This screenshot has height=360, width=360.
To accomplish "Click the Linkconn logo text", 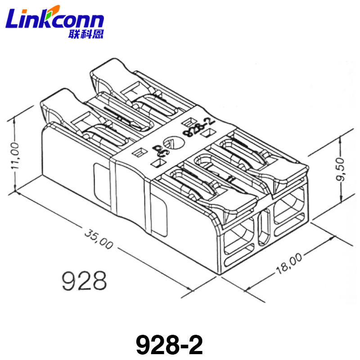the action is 54,18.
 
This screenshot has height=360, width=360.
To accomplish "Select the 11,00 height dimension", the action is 15,156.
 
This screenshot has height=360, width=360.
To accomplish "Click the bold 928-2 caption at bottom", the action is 169,345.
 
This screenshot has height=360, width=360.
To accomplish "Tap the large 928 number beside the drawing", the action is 84,280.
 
